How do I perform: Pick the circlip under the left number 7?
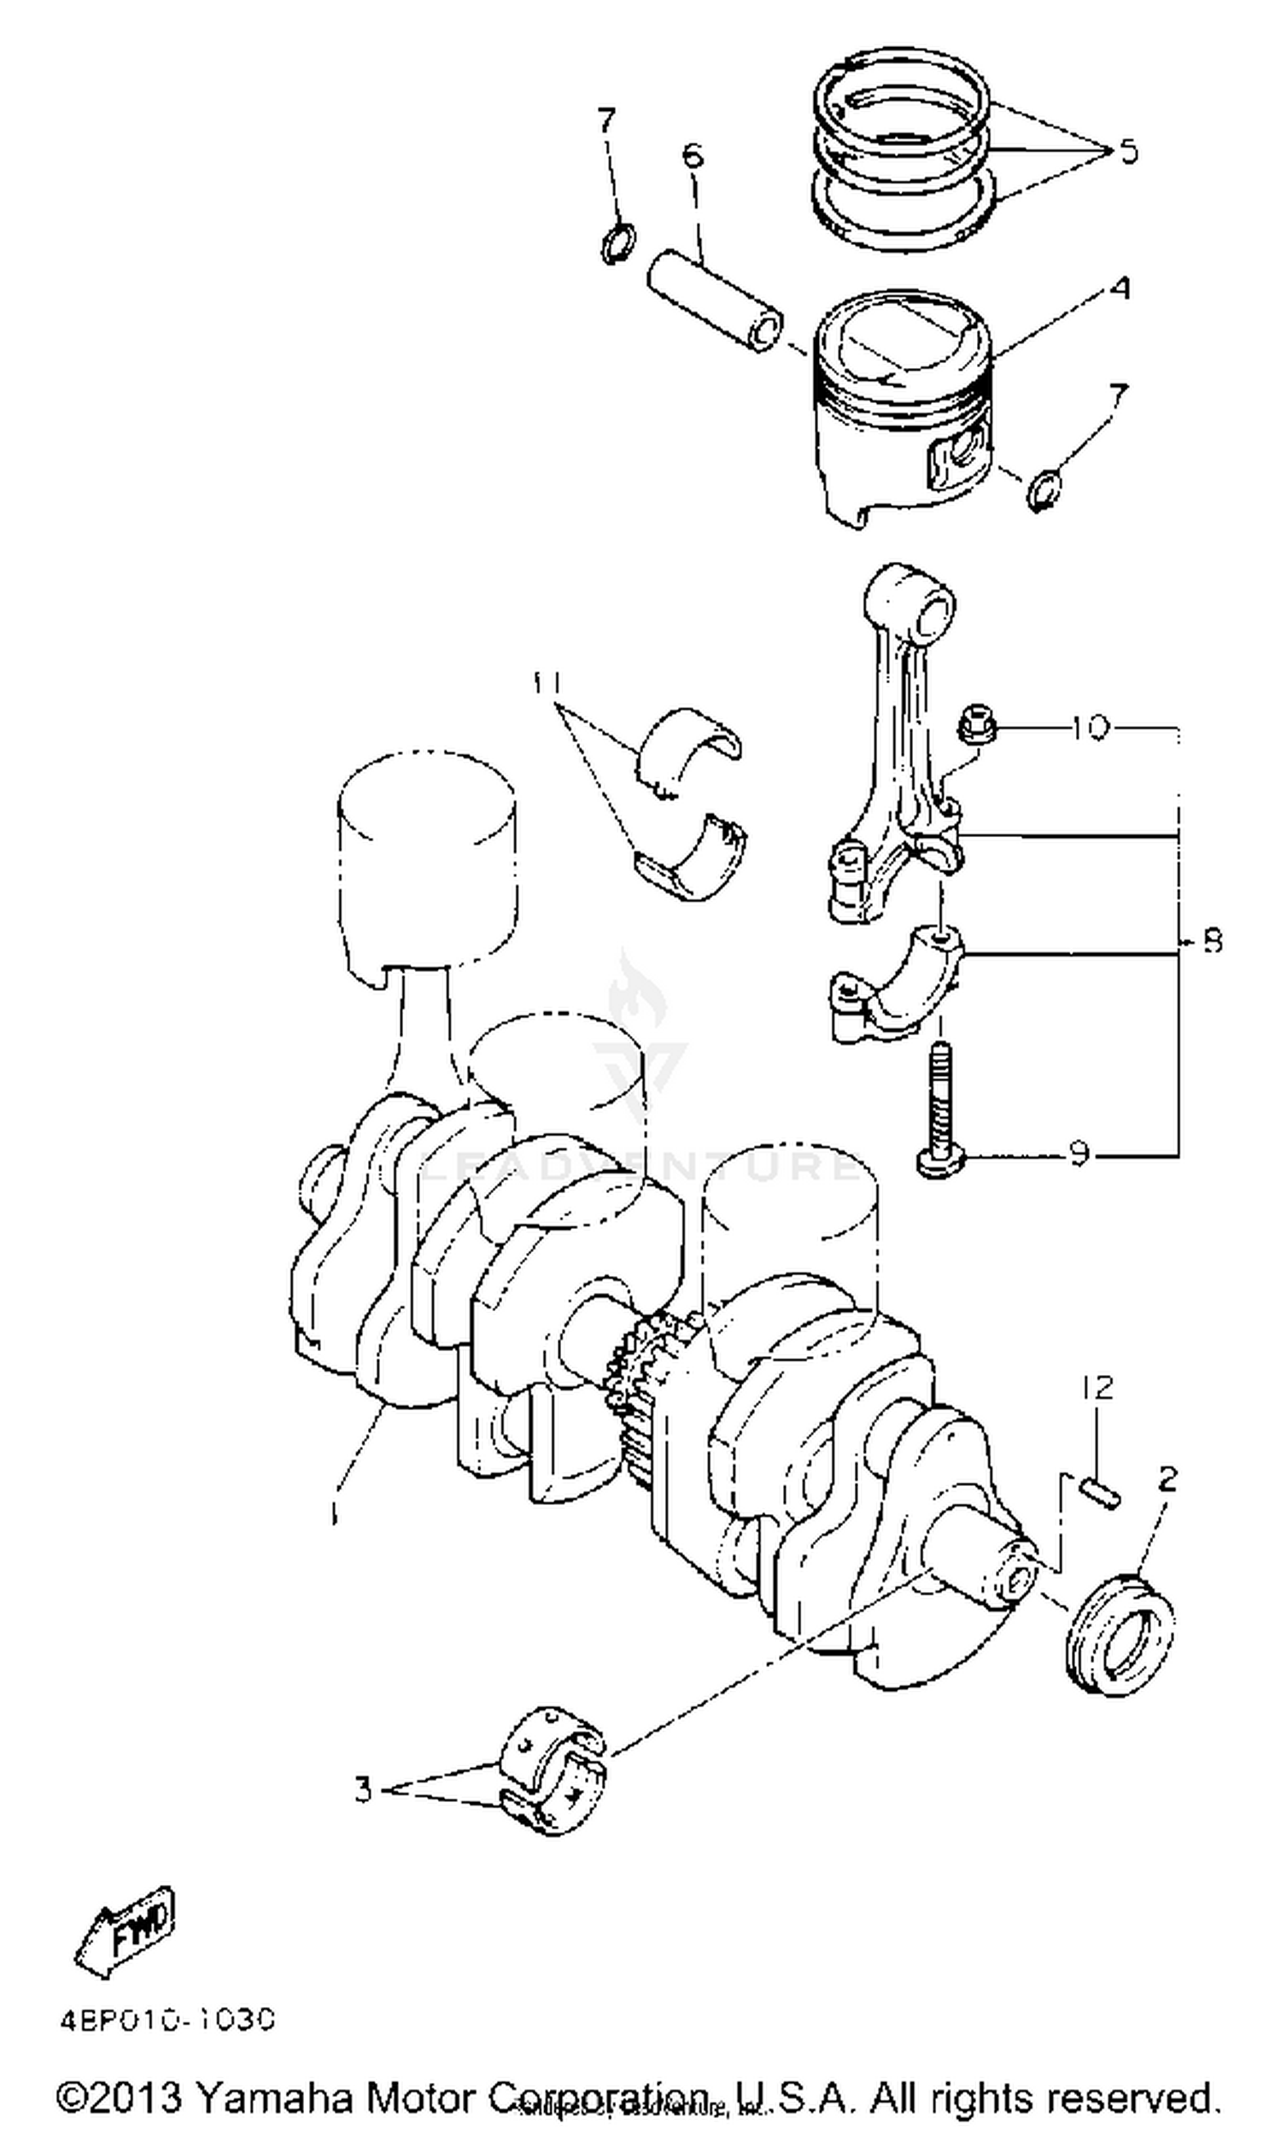[618, 243]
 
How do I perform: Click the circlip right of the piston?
[1044, 489]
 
